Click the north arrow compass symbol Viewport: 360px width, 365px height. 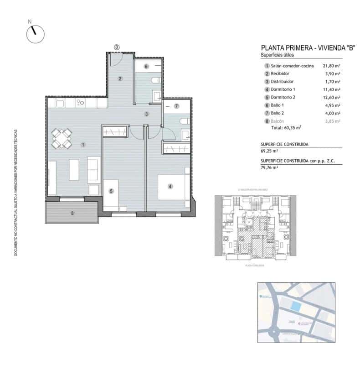(35, 34)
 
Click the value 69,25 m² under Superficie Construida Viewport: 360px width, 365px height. (269, 150)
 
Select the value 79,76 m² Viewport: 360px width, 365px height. (269, 167)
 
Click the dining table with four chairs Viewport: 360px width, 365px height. (62, 139)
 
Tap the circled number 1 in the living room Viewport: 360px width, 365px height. (83, 145)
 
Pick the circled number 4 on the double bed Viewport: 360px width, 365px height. (170, 186)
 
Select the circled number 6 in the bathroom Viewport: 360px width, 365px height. (146, 67)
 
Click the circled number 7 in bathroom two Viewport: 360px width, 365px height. (175, 106)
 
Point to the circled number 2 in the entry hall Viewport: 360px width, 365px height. (120, 78)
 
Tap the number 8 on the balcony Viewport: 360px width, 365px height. (72, 213)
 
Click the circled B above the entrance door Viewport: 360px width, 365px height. (117, 47)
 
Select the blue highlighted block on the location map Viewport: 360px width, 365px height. (296, 307)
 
